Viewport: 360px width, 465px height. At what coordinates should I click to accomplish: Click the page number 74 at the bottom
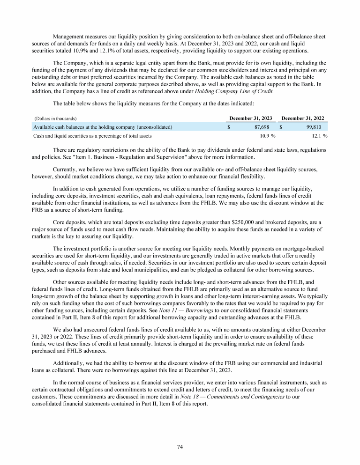[x=180, y=447]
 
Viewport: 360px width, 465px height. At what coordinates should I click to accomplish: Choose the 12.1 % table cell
[x=319, y=136]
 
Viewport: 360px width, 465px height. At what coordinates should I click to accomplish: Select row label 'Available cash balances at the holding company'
[x=102, y=127]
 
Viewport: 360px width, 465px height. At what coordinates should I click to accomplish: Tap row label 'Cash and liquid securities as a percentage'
[x=92, y=136]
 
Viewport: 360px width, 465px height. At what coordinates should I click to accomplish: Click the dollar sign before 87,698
[x=228, y=127]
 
